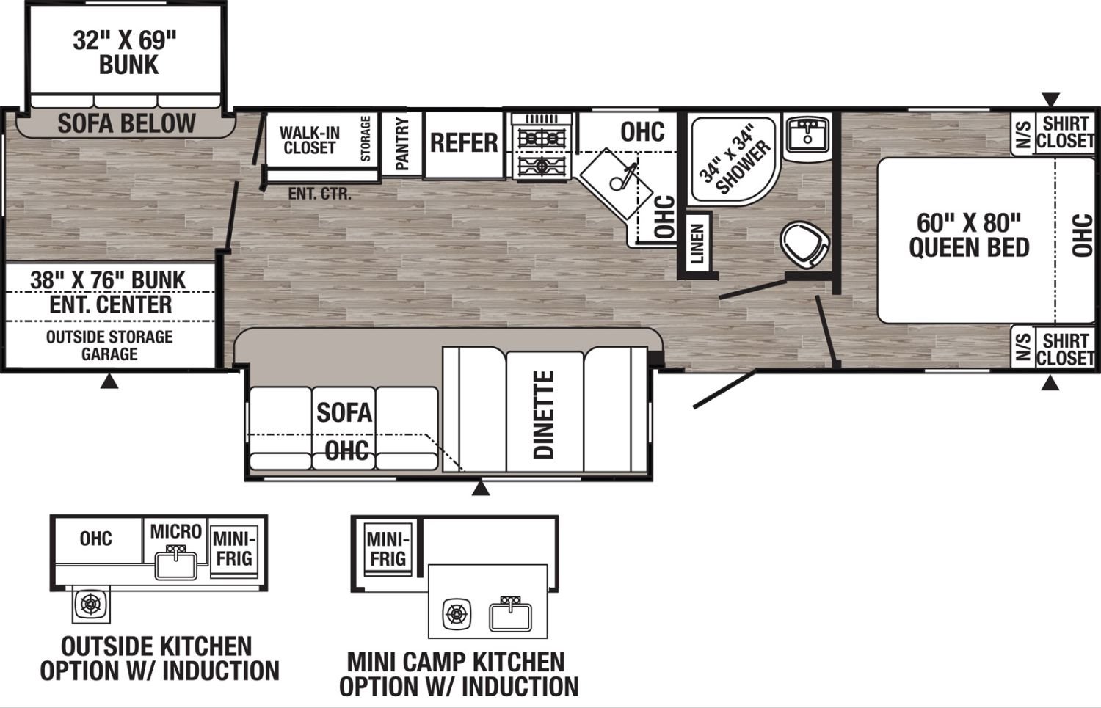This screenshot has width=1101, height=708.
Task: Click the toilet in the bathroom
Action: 804,245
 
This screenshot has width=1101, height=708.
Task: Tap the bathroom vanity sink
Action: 807,134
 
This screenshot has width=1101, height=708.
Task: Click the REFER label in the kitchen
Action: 464,143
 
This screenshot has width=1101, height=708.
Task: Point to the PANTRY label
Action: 402,144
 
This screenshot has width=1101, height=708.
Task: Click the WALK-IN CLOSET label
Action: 310,140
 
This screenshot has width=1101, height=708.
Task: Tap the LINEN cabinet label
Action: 697,244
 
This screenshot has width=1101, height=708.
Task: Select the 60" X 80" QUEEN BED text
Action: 969,235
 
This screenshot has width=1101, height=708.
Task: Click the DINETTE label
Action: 544,415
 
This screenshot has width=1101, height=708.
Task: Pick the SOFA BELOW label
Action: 127,123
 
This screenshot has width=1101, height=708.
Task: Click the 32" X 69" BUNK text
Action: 125,53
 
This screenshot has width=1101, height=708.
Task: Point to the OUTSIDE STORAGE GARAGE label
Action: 109,346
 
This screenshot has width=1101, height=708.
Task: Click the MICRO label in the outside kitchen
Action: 176,531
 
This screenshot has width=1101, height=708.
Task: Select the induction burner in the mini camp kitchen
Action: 457,613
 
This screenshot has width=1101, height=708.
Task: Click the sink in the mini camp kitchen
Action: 510,615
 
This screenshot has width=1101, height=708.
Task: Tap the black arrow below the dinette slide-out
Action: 481,489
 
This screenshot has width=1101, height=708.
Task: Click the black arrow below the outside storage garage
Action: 109,381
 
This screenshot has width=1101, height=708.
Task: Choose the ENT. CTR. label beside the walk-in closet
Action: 319,194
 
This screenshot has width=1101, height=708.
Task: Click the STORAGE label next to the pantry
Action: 366,139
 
